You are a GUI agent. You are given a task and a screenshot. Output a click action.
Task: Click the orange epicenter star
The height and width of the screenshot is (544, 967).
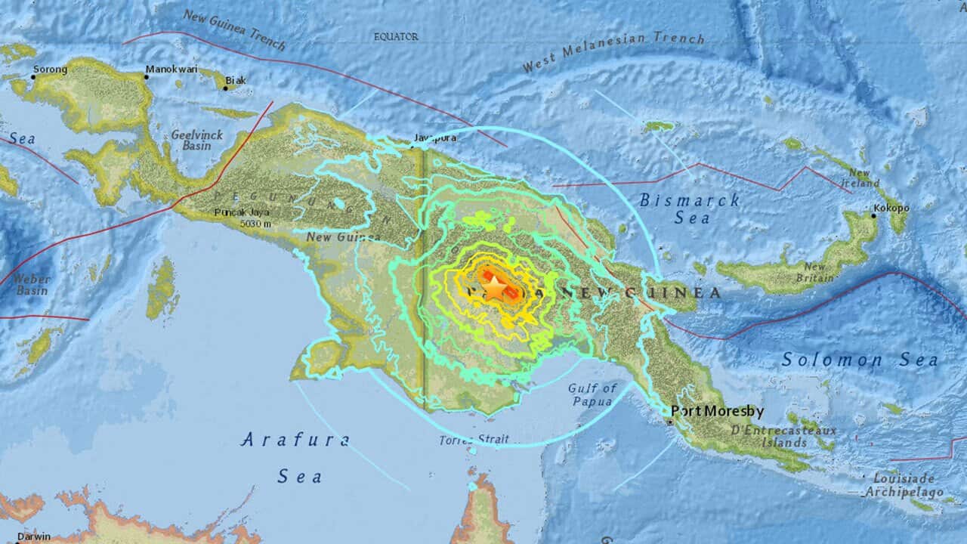point(493,288)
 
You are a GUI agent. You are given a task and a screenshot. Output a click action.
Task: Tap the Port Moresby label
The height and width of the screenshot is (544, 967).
point(718,412)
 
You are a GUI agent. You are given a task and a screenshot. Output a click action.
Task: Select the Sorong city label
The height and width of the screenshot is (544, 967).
point(51,70)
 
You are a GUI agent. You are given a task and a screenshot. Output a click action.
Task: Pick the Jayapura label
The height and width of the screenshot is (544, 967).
point(437,138)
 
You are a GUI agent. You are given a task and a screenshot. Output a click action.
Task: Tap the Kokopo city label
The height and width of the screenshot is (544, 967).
point(891,207)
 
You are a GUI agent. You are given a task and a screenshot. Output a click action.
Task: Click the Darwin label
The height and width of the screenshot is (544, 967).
point(34,536)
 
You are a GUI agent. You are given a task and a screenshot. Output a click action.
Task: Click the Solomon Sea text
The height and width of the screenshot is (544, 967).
point(860,360)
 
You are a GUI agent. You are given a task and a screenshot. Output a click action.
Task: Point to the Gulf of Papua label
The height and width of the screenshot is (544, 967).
point(592,394)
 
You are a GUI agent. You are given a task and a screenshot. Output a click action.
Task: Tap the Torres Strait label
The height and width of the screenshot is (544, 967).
point(474,439)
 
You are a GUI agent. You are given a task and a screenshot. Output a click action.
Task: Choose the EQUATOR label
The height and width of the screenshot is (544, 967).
point(397,36)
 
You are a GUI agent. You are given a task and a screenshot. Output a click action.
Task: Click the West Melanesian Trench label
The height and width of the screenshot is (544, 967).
point(613,51)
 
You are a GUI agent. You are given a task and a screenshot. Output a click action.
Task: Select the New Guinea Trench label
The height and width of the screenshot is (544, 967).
point(235,29)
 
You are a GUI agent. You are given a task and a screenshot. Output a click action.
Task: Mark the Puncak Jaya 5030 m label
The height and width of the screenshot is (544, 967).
point(243,218)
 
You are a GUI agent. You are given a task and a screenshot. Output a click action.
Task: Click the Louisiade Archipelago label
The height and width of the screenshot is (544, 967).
point(904,485)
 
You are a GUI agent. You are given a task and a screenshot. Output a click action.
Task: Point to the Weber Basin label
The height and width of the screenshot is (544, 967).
point(31,285)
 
